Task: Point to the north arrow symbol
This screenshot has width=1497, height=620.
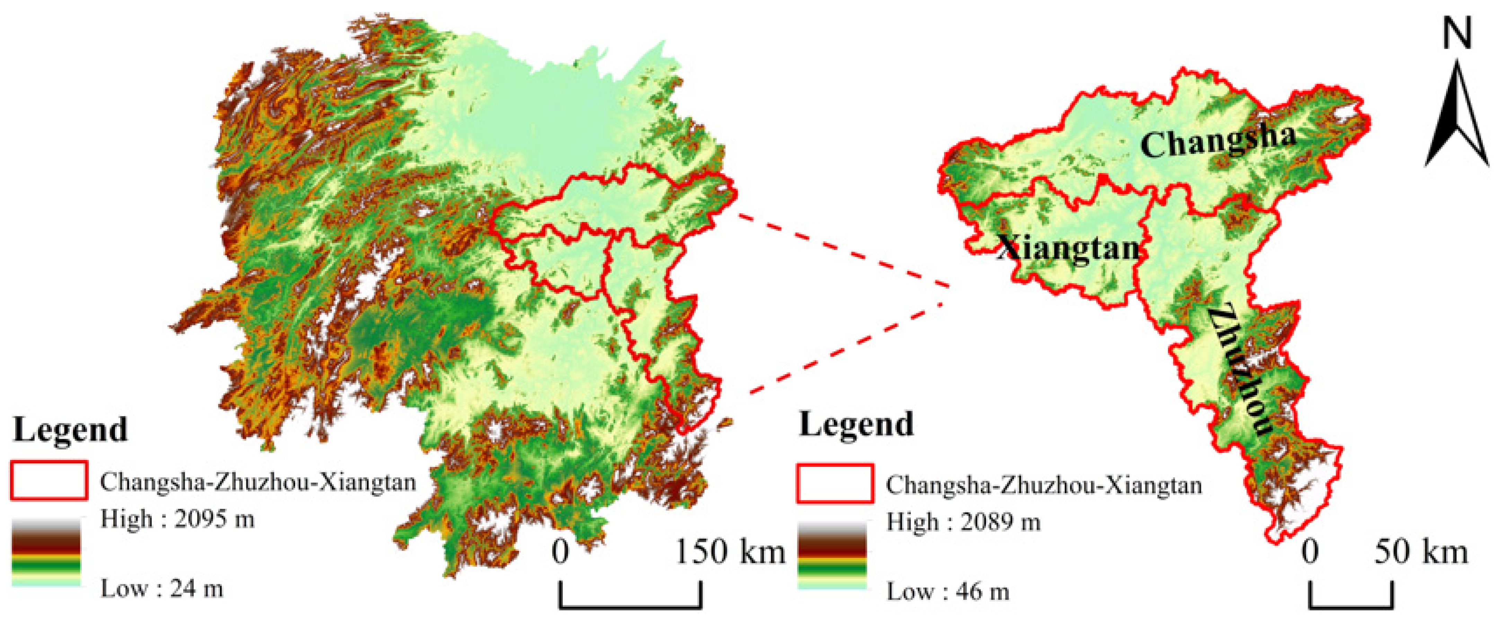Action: click(x=1456, y=116)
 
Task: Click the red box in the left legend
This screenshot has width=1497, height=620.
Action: click(x=49, y=480)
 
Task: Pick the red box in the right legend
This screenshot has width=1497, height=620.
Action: click(x=835, y=483)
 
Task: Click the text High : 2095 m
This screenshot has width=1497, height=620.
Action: click(x=177, y=519)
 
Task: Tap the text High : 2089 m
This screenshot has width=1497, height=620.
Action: click(x=963, y=522)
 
